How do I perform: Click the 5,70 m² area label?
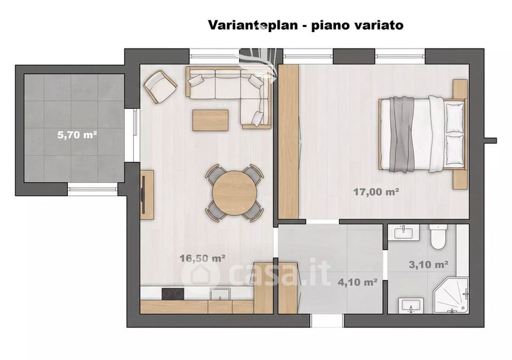tap(77, 134)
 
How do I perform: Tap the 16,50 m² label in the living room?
tap(202, 258)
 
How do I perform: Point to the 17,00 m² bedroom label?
tap(376, 192)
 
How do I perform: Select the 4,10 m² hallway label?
tap(358, 282)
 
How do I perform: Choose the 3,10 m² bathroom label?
tap(428, 264)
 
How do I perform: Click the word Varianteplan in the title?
tap(253, 25)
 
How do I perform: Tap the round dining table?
tap(234, 193)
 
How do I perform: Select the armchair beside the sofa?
tap(161, 87)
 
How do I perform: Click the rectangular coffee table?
tap(211, 120)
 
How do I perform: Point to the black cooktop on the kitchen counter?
tap(173, 293)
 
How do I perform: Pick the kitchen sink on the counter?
tap(220, 293)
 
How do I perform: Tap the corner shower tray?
tap(451, 296)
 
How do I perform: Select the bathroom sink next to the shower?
tap(411, 306)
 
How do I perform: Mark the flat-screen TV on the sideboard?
tap(143, 195)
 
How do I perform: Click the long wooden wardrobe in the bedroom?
tap(289, 141)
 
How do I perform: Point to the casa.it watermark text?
tap(257, 274)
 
